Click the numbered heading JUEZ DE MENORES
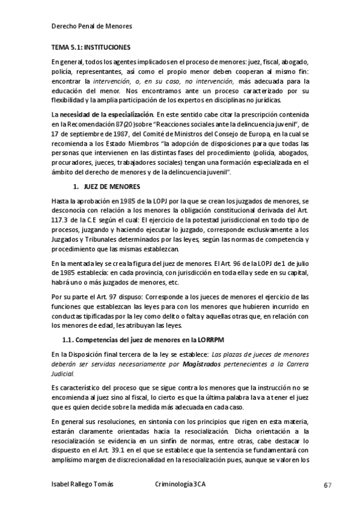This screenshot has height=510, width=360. (x=111, y=186)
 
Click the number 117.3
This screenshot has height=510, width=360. (x=62, y=219)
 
